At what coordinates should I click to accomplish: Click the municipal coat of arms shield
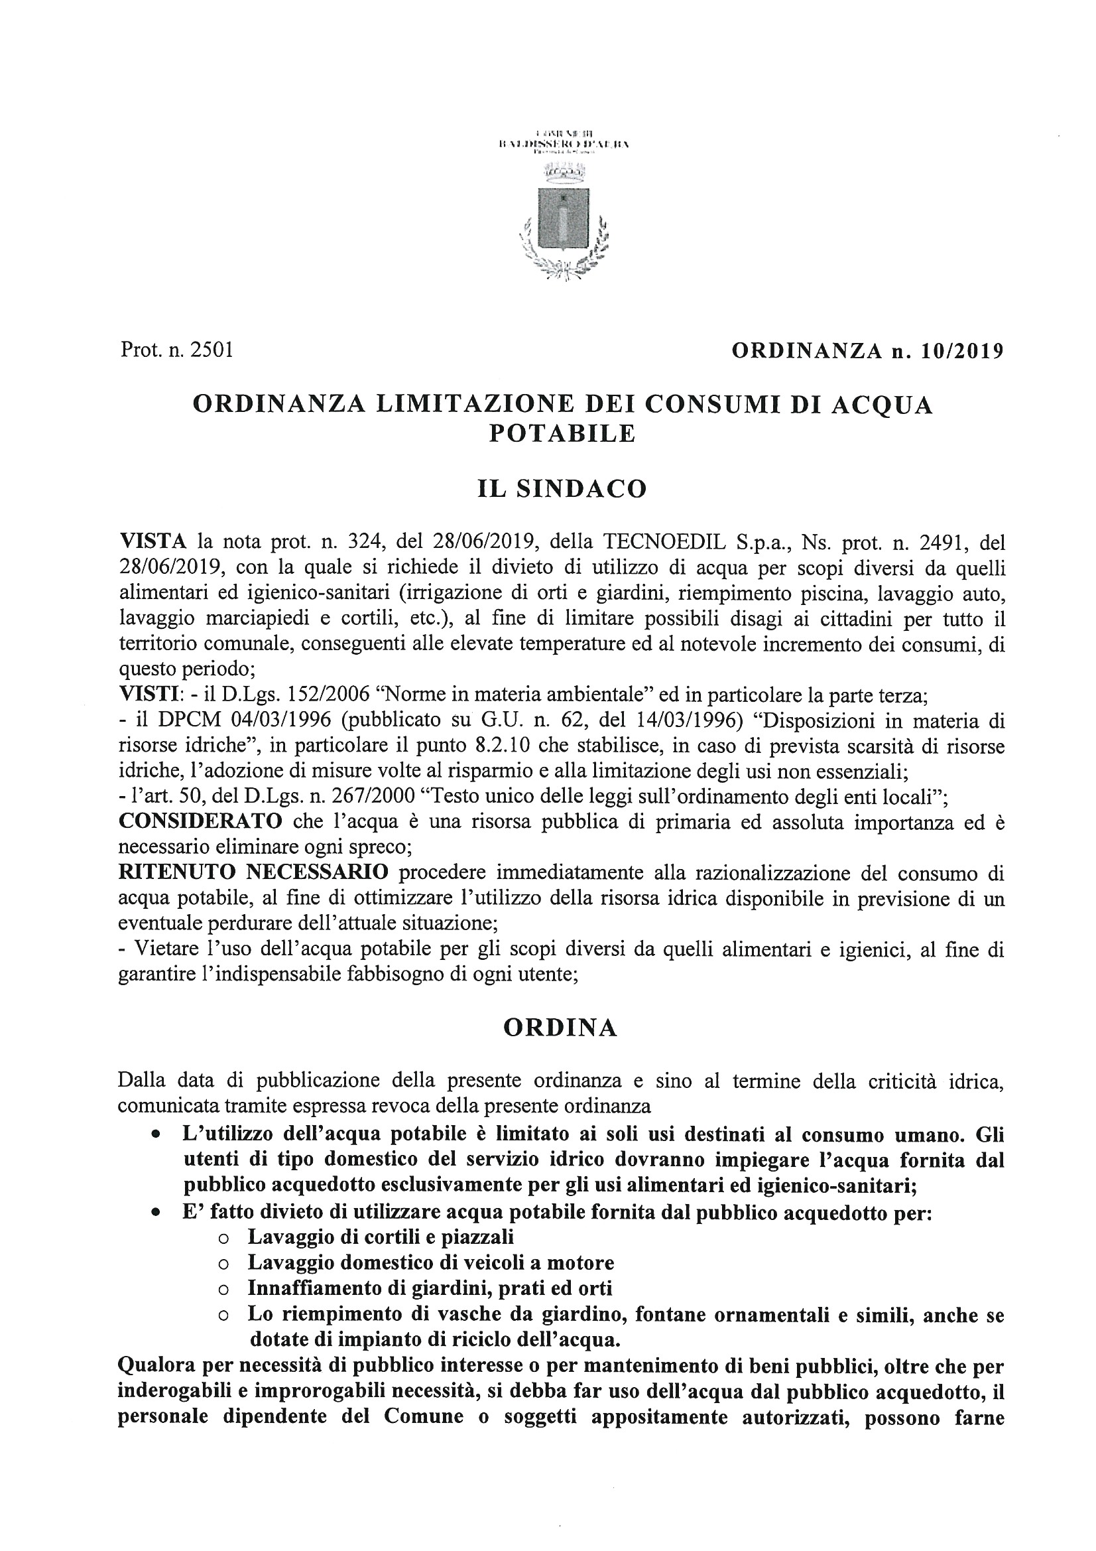[563, 220]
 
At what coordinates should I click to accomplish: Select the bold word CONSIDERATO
[200, 822]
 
